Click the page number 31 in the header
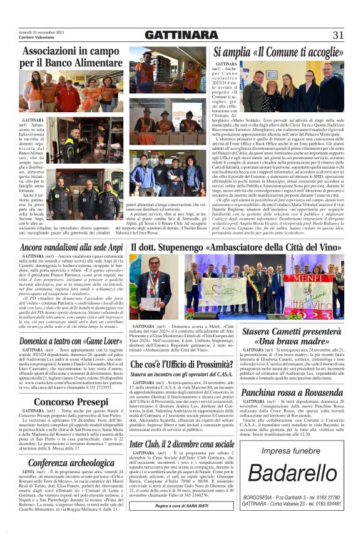pyautogui.click(x=338, y=35)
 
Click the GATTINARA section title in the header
pyautogui.click(x=181, y=35)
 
